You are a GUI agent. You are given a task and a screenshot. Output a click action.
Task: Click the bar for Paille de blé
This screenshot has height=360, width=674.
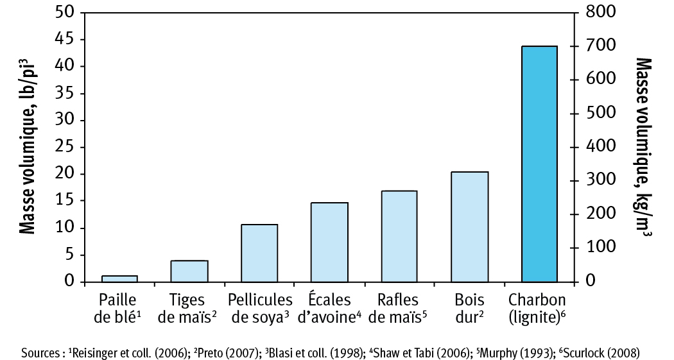(x=119, y=279)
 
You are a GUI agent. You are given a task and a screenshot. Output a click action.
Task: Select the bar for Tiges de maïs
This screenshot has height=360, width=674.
(x=189, y=271)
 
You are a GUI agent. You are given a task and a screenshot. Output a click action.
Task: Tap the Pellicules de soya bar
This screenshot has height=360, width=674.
(x=259, y=253)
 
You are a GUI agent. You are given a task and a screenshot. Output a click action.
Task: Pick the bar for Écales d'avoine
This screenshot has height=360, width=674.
(x=329, y=243)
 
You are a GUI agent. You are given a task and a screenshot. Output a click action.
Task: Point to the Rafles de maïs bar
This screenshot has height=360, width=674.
(x=399, y=237)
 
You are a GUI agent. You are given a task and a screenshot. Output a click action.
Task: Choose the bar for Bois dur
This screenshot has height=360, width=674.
(x=470, y=227)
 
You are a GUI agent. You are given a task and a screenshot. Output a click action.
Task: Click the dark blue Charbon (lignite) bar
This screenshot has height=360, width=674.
(x=539, y=164)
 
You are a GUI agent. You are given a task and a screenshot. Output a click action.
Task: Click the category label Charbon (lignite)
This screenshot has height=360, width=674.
(x=538, y=307)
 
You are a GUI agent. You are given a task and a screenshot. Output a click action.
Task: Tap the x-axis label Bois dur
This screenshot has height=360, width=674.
(x=469, y=307)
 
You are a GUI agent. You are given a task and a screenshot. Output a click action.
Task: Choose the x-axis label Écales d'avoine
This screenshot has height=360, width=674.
(x=329, y=307)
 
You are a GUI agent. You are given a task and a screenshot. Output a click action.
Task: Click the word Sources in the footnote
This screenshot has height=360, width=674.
(x=40, y=353)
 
